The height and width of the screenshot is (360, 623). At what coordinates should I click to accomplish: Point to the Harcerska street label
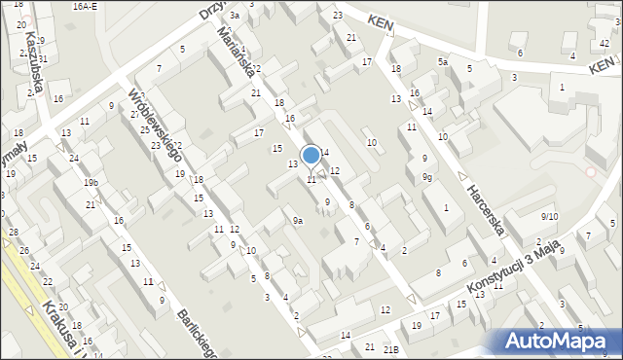484,210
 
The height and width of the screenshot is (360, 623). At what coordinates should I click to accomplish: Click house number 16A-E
86,6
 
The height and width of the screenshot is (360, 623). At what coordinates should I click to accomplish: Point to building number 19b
91,182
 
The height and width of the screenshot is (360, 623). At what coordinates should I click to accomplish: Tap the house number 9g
427,176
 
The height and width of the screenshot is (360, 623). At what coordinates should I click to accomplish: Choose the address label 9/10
550,216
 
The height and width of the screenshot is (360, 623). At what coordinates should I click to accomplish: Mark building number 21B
391,348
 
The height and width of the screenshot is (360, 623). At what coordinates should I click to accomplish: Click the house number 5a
442,62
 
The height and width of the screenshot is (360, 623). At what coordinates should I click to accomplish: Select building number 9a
299,221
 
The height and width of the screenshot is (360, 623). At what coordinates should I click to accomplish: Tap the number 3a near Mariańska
235,17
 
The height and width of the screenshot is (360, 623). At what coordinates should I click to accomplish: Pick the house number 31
42,59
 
